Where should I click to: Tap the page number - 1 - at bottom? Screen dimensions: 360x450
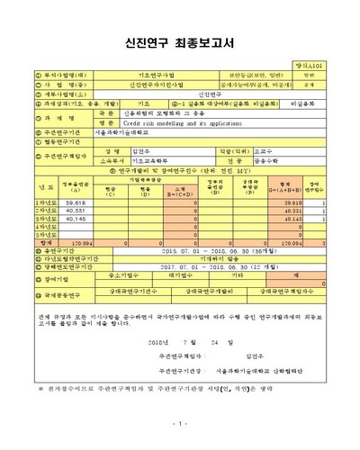point(179,423)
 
